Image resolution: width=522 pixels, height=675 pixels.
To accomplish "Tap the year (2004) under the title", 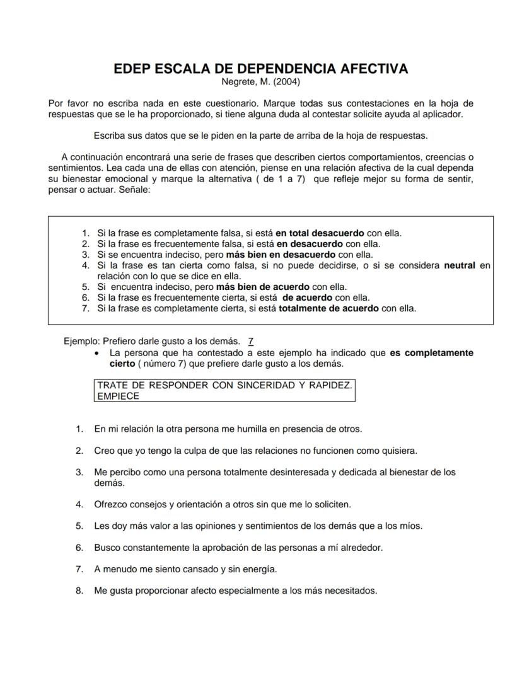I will point(287,81).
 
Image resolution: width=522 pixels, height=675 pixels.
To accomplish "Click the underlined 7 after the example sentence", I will point(251,342).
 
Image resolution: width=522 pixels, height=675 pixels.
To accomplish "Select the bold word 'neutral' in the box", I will point(460,265).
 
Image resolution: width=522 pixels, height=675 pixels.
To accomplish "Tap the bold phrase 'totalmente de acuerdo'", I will point(328,308).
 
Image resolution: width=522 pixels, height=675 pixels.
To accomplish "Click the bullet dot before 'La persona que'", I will point(96,353).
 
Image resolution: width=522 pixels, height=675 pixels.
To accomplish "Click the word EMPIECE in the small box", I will point(118,396).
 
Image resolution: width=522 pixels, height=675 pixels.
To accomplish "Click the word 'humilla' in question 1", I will point(252,429).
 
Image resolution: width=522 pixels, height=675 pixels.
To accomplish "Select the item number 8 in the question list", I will point(79,591).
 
